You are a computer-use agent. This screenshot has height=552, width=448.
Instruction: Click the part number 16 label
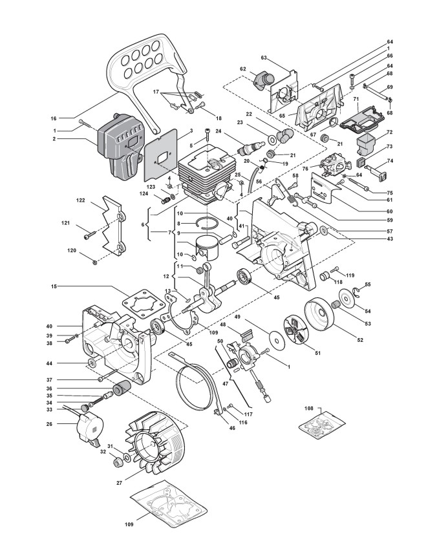pyautogui.click(x=54, y=118)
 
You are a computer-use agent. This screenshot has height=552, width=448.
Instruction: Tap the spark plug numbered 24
pyautogui.click(x=249, y=147)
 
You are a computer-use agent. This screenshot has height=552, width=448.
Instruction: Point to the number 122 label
pyautogui.click(x=81, y=200)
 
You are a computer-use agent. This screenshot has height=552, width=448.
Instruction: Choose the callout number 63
pyautogui.click(x=264, y=58)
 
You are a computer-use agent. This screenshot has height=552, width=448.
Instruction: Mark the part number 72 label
pyautogui.click(x=389, y=132)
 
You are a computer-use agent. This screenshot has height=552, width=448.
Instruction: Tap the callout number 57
pyautogui.click(x=389, y=231)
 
